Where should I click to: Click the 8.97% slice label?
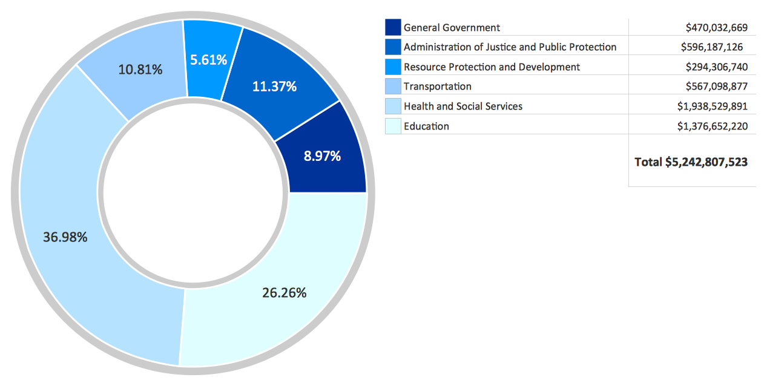(x=322, y=156)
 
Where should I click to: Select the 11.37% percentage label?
(x=274, y=87)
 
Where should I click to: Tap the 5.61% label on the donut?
(x=208, y=60)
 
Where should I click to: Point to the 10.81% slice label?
(x=140, y=70)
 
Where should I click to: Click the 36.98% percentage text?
(x=65, y=237)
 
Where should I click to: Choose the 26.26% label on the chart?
(x=285, y=293)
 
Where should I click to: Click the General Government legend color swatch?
(x=393, y=27)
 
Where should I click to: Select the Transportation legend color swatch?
(x=393, y=87)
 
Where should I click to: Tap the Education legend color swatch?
(x=393, y=126)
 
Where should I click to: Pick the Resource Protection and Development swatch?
(x=393, y=67)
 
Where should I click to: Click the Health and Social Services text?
(x=463, y=106)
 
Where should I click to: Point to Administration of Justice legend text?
(x=510, y=47)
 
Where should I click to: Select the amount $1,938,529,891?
(x=713, y=106)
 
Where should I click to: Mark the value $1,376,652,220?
(x=713, y=126)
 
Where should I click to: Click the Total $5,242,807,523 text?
(x=691, y=162)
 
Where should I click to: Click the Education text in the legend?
(x=426, y=126)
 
